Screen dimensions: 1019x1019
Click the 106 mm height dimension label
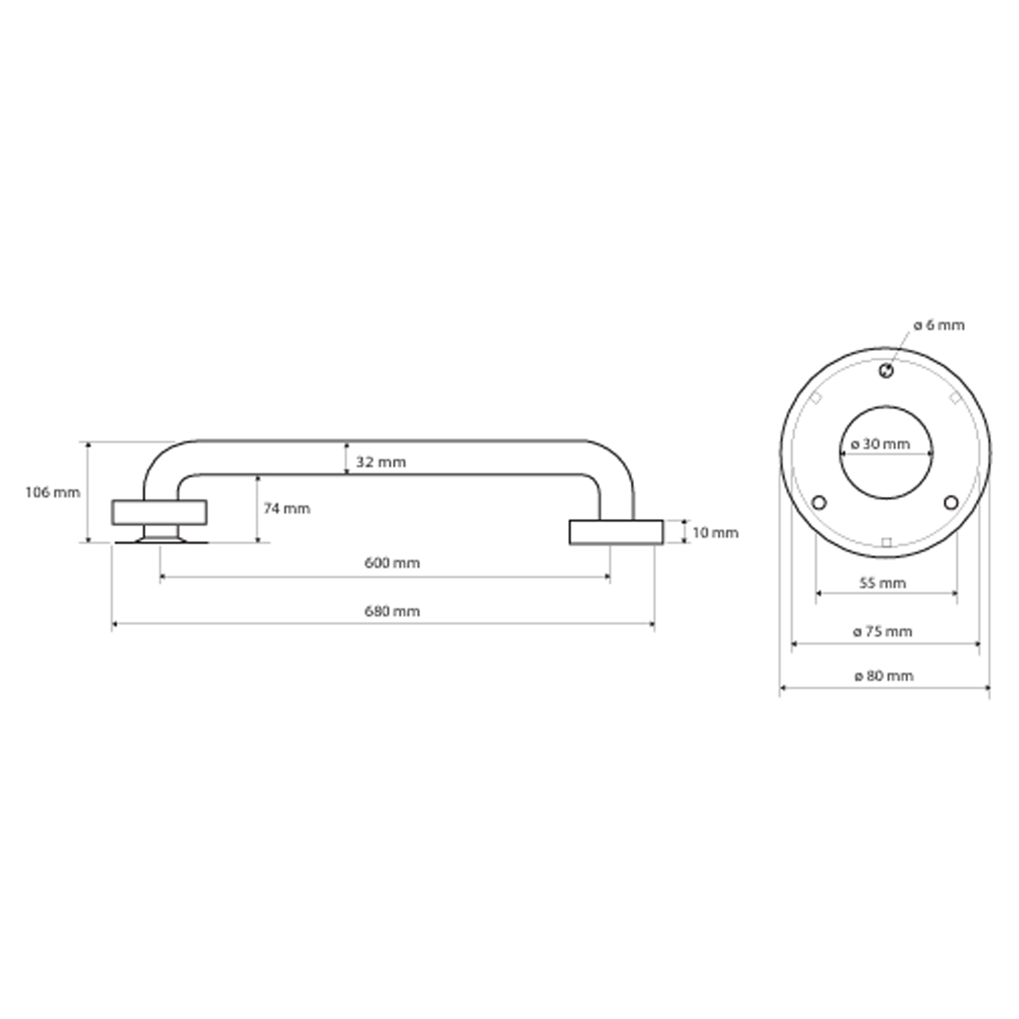(53, 493)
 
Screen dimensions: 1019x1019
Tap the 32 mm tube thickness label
(381, 462)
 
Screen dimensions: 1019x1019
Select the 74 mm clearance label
(287, 508)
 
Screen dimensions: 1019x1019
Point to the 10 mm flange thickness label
(715, 533)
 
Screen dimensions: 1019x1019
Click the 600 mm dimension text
(392, 563)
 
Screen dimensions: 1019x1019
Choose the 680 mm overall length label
(392, 611)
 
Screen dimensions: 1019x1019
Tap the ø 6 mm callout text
(940, 325)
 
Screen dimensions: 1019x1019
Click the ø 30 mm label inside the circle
(881, 444)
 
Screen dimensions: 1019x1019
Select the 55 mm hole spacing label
(883, 583)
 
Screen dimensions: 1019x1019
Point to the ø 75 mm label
(883, 631)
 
